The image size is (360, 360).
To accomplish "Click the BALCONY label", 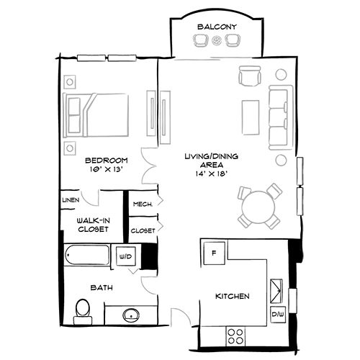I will pos(216,27).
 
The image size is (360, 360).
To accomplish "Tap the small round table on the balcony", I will pos(217,42).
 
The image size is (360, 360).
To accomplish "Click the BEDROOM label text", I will pos(106,160).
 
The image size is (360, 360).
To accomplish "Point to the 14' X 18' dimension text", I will pos(211,174).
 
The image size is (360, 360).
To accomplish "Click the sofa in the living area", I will pos(279,117).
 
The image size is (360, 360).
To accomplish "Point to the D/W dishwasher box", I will pos(277,314).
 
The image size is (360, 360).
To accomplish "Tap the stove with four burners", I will pos(236,334).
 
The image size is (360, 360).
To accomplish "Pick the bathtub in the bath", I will pos(88,256).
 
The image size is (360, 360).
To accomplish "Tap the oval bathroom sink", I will pos(131,315).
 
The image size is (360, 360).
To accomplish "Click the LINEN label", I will pos(70,199).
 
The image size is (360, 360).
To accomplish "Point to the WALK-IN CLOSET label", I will pos(93,225).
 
